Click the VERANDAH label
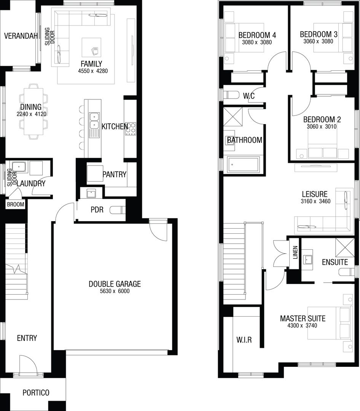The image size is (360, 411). click(21, 37)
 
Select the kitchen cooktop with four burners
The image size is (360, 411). click(131, 129)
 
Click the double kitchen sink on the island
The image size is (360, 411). click(94, 120)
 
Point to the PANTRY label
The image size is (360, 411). click(114, 175)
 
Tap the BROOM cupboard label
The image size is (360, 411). click(15, 205)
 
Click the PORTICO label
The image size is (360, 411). click(36, 393)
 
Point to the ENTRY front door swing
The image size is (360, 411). click(29, 365)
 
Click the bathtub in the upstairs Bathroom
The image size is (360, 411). click(243, 164)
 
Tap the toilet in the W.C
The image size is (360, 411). click(231, 95)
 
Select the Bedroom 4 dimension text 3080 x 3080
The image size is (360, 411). click(257, 42)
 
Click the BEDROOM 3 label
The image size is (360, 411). click(318, 34)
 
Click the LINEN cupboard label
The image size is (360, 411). click(295, 252)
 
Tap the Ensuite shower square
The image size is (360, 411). click(345, 247)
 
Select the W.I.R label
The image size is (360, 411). click(244, 340)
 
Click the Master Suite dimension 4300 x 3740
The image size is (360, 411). click(303, 325)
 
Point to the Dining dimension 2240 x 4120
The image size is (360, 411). click(31, 114)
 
